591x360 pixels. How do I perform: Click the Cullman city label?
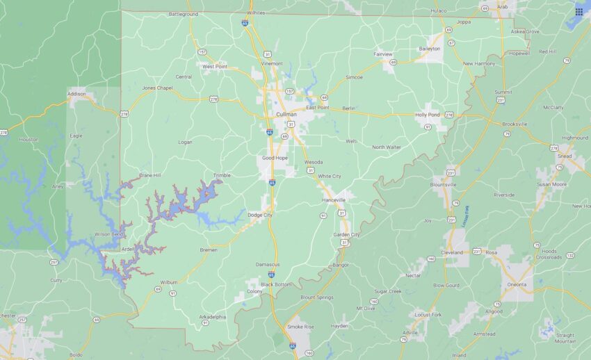click(x=286, y=114)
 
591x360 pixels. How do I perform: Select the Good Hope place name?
click(x=275, y=158)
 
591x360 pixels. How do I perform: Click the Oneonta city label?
click(x=517, y=284)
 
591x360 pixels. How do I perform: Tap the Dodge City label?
click(x=260, y=215)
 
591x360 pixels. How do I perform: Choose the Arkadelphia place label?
click(x=213, y=317)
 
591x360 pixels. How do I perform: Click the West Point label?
click(x=215, y=66)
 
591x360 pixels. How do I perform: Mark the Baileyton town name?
click(x=429, y=49)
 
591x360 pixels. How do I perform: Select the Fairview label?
click(x=383, y=54)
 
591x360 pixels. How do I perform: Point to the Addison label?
click(x=76, y=93)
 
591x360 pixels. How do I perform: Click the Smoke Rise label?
click(x=301, y=327)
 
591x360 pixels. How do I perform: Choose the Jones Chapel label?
click(x=157, y=88)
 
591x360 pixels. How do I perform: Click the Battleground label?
click(x=184, y=14)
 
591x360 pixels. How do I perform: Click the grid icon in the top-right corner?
click(x=578, y=12)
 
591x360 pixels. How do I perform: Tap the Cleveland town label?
click(x=452, y=253)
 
